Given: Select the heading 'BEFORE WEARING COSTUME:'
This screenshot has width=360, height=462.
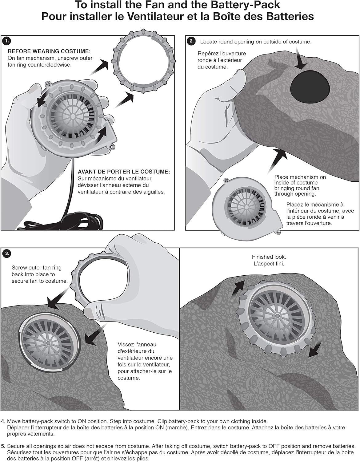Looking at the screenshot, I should (x=49, y=51).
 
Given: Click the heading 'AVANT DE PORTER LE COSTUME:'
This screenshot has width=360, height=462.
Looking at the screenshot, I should (x=124, y=172).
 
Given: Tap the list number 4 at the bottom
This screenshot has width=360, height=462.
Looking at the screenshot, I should (x=3, y=421).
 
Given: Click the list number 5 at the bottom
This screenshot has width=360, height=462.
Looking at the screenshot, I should (x=3, y=446).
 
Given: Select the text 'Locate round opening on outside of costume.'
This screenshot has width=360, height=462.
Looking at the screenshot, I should (x=256, y=42).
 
